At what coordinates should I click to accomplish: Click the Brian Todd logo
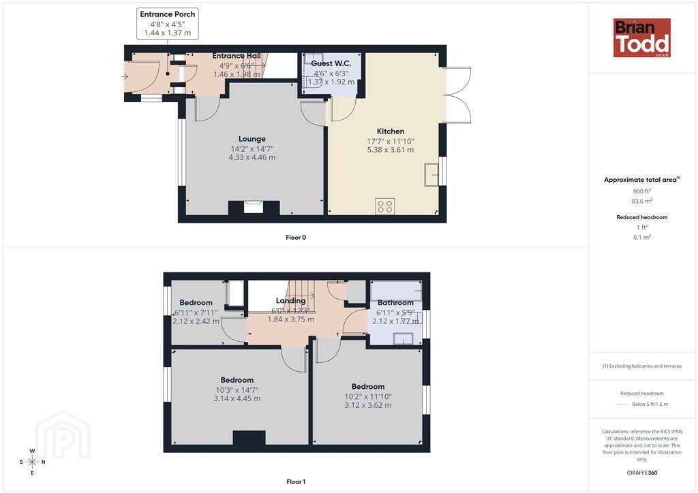641,37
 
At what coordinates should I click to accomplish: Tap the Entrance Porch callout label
168,24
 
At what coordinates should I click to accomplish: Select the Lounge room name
252,139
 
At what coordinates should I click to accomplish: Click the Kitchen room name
391,131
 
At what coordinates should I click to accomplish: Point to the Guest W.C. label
331,63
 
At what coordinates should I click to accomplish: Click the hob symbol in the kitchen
384,206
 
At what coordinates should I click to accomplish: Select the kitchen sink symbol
431,174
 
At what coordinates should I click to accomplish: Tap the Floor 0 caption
296,238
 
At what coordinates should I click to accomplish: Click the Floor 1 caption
296,481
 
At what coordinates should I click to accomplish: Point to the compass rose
32,462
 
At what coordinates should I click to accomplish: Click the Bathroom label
395,303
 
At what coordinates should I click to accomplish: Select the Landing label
290,301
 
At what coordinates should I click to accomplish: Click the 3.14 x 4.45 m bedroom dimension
237,398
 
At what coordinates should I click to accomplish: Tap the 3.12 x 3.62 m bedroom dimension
367,405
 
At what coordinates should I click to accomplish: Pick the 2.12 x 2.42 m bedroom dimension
196,321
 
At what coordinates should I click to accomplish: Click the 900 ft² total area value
642,191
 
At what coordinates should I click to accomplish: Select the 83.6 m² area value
642,201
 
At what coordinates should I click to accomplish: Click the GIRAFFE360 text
642,473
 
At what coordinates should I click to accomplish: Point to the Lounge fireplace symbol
254,208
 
